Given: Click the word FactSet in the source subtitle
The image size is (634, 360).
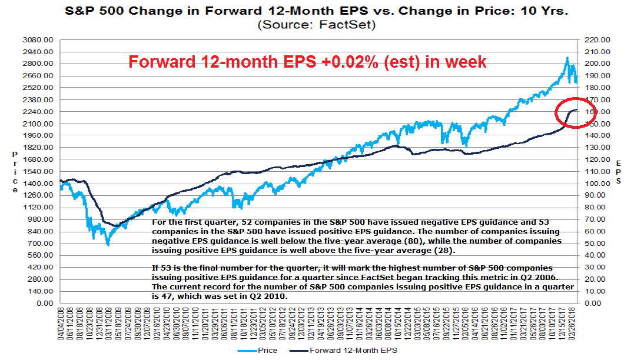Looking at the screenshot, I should click(x=350, y=25).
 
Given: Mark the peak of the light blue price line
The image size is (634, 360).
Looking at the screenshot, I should click(x=566, y=58).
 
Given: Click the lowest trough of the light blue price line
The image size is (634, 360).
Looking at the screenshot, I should click(x=107, y=244).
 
